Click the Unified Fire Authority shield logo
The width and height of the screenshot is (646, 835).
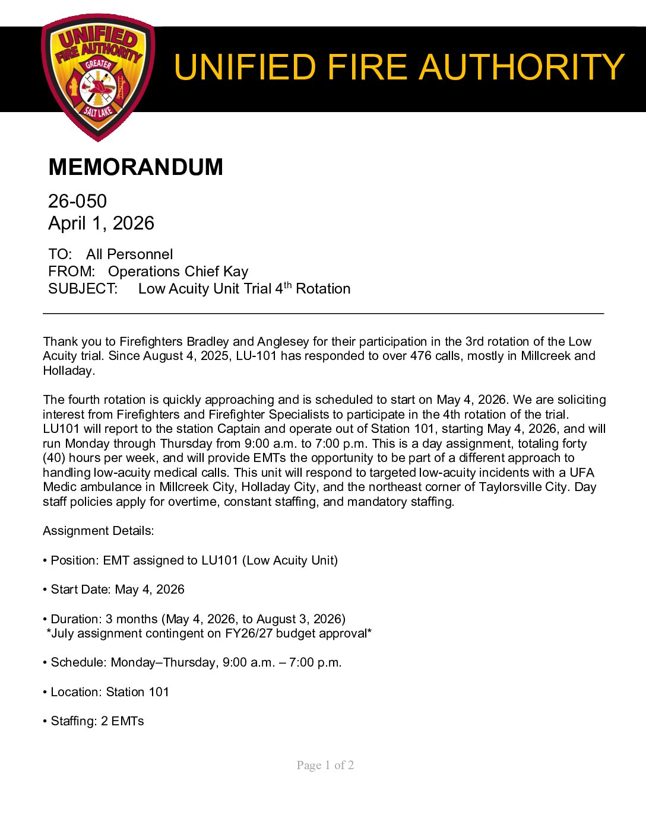pyautogui.click(x=98, y=77)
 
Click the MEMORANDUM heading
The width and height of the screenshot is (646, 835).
pyautogui.click(x=135, y=167)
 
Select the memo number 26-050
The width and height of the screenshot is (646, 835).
pyautogui.click(x=77, y=201)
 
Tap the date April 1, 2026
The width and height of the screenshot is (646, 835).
pyautogui.click(x=101, y=223)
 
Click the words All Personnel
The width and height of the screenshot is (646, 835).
pyautogui.click(x=129, y=254)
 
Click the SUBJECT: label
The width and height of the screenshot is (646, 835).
pyautogui.click(x=83, y=289)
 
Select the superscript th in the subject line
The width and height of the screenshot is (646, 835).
pyautogui.click(x=287, y=285)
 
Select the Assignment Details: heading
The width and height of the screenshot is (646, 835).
pyautogui.click(x=98, y=531)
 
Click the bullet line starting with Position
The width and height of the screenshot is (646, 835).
pyautogui.click(x=190, y=560)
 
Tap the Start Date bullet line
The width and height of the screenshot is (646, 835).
pyautogui.click(x=113, y=589)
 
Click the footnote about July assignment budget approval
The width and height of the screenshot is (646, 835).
pyautogui.click(x=209, y=633)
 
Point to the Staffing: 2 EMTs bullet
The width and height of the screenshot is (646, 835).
pyautogui.click(x=93, y=721)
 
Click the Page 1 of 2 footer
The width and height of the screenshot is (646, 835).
pyautogui.click(x=325, y=765)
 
